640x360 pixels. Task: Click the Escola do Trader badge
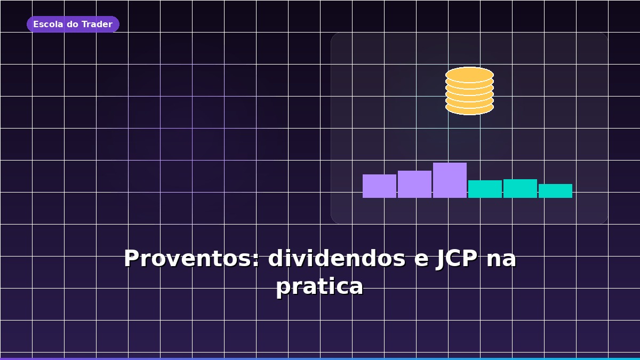(x=73, y=25)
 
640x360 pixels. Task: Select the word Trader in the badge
(x=97, y=25)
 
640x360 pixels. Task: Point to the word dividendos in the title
(x=337, y=259)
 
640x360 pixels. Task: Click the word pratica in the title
(x=319, y=286)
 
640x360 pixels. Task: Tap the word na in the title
(x=502, y=259)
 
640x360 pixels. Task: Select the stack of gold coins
(x=469, y=91)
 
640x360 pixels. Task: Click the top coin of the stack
(x=469, y=74)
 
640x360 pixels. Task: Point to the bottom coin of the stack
(x=469, y=108)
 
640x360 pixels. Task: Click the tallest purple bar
(x=450, y=180)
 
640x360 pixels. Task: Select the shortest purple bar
(x=379, y=186)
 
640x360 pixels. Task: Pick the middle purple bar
(x=414, y=184)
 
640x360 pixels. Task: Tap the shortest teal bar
(x=555, y=191)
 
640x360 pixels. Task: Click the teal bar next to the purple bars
(x=485, y=189)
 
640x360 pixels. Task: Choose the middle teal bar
(x=520, y=188)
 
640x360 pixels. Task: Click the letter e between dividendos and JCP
(x=421, y=260)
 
